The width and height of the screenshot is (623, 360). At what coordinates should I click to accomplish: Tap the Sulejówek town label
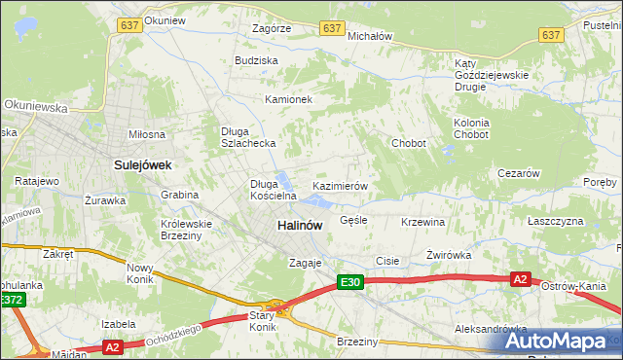(x=142, y=165)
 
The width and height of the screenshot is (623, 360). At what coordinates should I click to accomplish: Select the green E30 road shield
(x=351, y=282)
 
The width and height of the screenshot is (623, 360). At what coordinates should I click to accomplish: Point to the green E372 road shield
(x=12, y=301)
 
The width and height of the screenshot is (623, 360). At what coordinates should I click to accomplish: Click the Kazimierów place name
(x=339, y=185)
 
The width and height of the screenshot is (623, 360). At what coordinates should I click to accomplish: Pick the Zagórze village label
(x=272, y=29)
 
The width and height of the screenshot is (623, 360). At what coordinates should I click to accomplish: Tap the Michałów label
(x=369, y=35)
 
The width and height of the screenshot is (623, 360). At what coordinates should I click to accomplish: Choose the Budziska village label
(x=256, y=60)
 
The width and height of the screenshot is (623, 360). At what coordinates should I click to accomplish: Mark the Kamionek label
(x=287, y=99)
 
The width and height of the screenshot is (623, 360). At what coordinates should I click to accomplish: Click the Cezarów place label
(x=518, y=173)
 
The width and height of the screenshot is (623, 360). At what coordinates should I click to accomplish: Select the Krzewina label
(x=421, y=222)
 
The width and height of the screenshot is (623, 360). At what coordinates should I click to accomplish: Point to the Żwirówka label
(x=448, y=255)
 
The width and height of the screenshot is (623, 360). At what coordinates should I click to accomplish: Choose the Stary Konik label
(x=262, y=320)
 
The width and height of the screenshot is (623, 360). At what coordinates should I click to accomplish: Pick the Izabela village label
(x=117, y=323)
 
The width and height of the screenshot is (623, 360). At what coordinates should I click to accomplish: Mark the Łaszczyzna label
(x=555, y=221)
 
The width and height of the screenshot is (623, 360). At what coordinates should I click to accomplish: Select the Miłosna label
(x=147, y=134)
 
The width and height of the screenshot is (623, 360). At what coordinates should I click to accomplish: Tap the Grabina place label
(x=180, y=195)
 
